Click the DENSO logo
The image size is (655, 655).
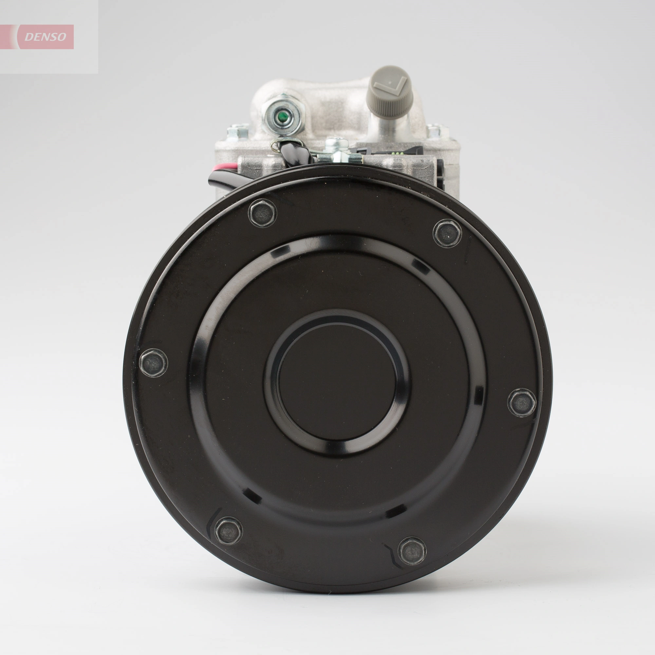pyautogui.click(x=46, y=37)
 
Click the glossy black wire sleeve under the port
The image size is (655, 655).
pyautogui.click(x=296, y=155)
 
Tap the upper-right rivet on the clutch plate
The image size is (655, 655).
pyautogui.click(x=447, y=233)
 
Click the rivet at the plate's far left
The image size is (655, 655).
pyautogui.click(x=154, y=363)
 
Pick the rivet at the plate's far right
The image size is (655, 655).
pyautogui.click(x=522, y=402)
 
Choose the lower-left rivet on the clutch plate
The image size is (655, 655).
pyautogui.click(x=229, y=531)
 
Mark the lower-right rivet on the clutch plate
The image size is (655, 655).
pyautogui.click(x=412, y=551)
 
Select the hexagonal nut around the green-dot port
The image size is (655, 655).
pyautogui.click(x=291, y=117)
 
